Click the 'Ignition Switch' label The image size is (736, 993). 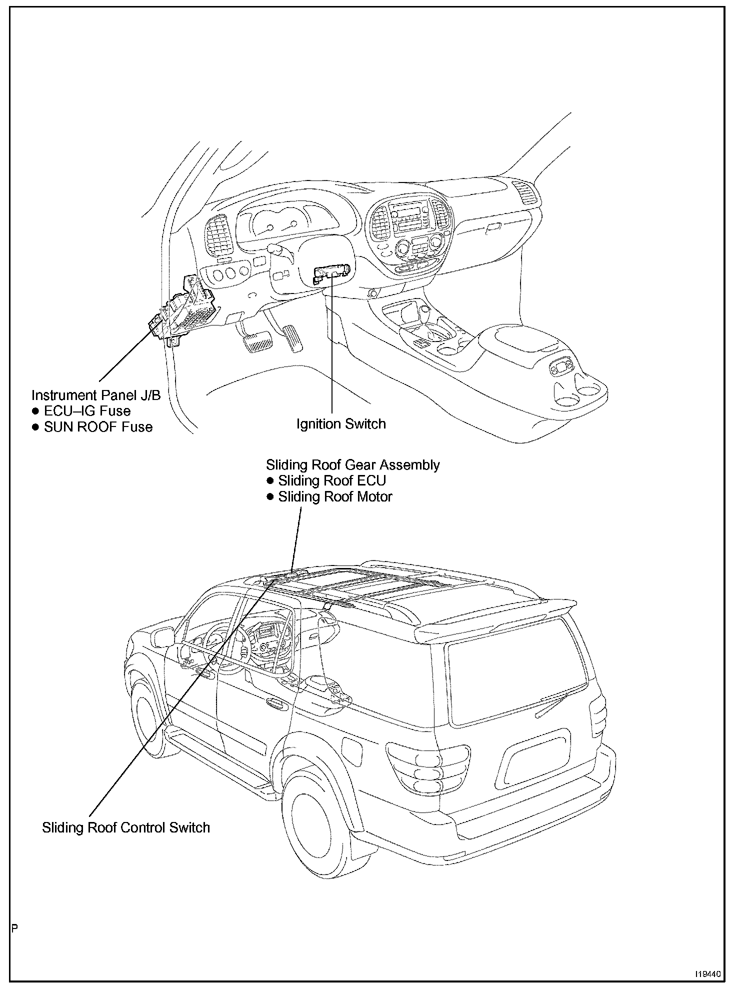[341, 424]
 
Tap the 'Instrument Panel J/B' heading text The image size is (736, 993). [96, 395]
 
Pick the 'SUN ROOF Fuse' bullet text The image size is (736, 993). [98, 427]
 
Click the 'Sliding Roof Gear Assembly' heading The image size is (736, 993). [352, 464]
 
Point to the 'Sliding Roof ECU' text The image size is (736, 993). [331, 480]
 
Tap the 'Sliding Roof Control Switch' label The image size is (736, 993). [125, 827]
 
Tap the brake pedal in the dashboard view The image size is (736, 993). [257, 342]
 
